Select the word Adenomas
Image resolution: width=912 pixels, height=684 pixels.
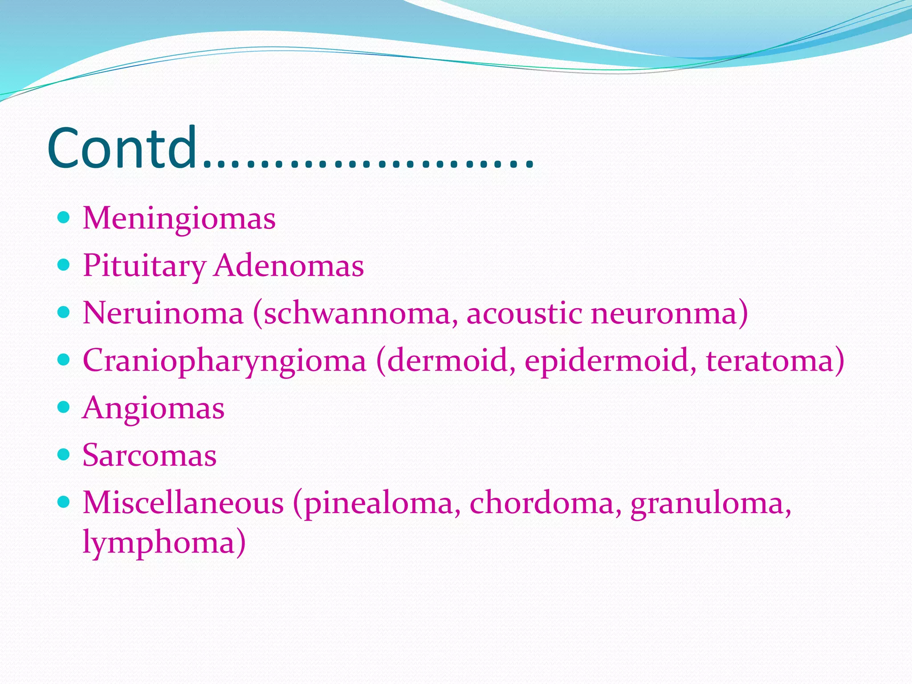click(x=289, y=266)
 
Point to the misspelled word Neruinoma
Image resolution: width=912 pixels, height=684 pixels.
click(x=163, y=313)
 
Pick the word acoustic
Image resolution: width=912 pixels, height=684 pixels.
click(x=524, y=313)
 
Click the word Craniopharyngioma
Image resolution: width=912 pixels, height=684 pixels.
click(x=224, y=361)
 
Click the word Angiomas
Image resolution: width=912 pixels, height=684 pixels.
click(x=153, y=408)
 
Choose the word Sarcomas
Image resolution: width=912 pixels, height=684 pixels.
click(x=149, y=456)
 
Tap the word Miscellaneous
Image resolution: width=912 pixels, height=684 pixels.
click(x=183, y=503)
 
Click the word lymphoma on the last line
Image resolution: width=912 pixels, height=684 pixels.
click(x=159, y=543)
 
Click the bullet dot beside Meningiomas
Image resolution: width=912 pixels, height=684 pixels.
click(x=64, y=218)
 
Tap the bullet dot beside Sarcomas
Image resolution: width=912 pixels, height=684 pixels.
click(x=64, y=455)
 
